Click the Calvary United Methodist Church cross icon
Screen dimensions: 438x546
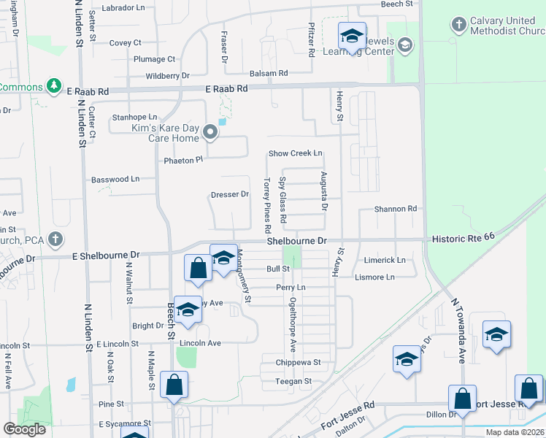coord(458,26)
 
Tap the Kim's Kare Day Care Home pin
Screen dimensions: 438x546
coord(211,132)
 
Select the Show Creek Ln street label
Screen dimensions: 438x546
coord(295,153)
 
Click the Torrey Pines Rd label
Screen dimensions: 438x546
coord(268,201)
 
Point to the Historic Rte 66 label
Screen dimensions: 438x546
coord(463,238)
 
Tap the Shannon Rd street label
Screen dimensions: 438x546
coord(395,209)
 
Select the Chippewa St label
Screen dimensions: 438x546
coord(298,362)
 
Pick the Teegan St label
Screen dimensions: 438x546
coord(293,381)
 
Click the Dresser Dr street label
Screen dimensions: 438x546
coord(230,195)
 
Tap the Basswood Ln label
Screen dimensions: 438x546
coord(115,179)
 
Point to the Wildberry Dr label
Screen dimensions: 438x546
coord(167,75)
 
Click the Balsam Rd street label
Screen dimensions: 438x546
coord(269,74)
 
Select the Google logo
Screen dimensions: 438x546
coord(24,429)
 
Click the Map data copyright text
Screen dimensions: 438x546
coord(515,432)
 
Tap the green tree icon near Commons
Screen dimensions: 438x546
coord(53,87)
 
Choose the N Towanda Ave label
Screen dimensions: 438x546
coord(458,330)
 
